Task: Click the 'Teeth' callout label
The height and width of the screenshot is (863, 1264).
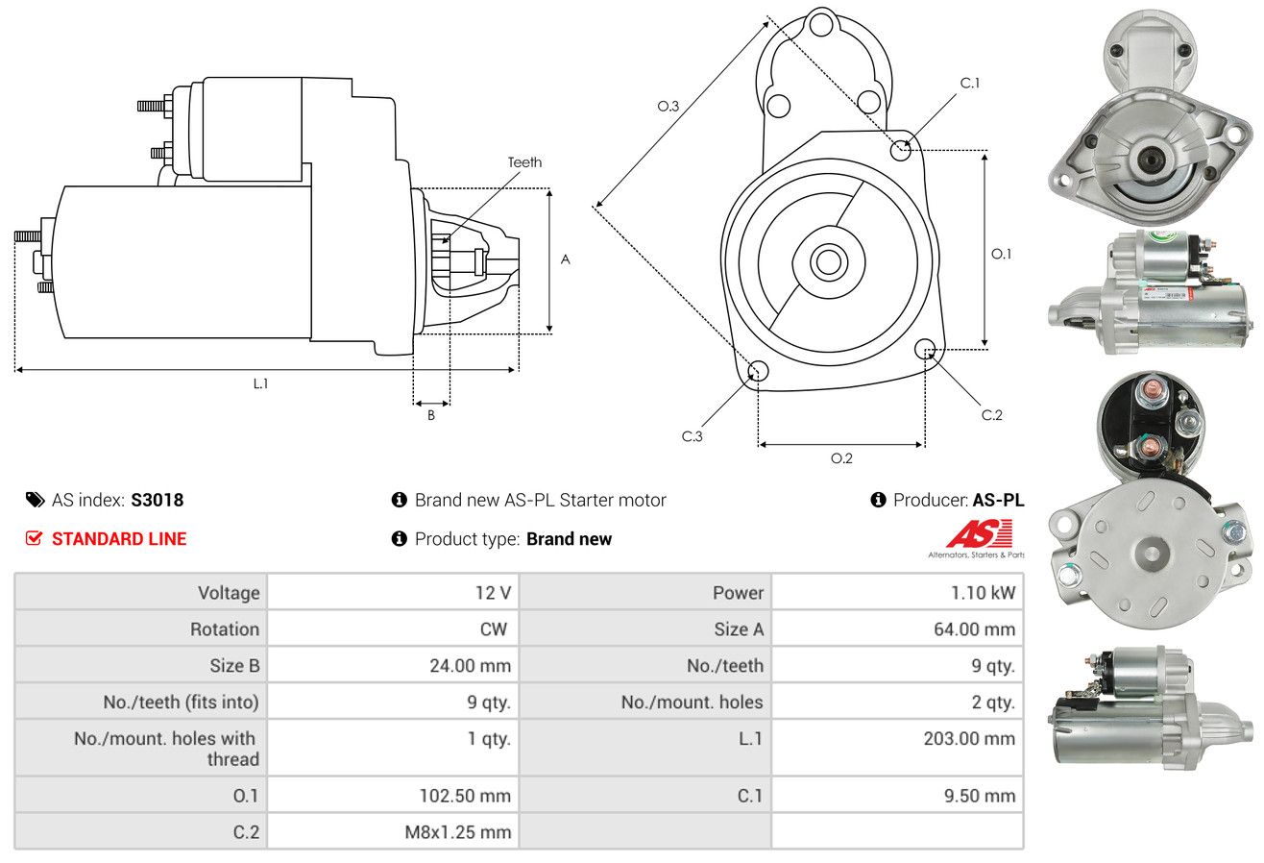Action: pyautogui.click(x=524, y=162)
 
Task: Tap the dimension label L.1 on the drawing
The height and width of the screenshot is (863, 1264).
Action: pyautogui.click(x=260, y=382)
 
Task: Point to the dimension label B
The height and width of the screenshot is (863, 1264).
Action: pyautogui.click(x=431, y=415)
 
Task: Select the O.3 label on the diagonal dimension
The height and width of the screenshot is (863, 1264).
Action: pyautogui.click(x=668, y=107)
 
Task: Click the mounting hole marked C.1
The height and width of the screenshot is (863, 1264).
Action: pyautogui.click(x=901, y=150)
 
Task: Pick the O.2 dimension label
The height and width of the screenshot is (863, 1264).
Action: pyautogui.click(x=841, y=457)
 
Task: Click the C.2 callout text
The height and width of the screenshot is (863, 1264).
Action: pyautogui.click(x=991, y=415)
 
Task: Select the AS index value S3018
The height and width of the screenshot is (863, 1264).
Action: pyautogui.click(x=158, y=500)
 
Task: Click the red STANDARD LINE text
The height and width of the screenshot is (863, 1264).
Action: pyautogui.click(x=119, y=539)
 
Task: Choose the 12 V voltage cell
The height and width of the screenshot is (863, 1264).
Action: pyautogui.click(x=493, y=593)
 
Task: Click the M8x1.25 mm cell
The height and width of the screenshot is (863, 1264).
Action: pyautogui.click(x=457, y=832)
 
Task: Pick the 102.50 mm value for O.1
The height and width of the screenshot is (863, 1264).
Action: pyautogui.click(x=466, y=796)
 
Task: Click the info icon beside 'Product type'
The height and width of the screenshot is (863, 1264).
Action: pyautogui.click(x=400, y=539)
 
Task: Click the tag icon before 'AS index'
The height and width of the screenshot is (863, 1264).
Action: pyautogui.click(x=35, y=500)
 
